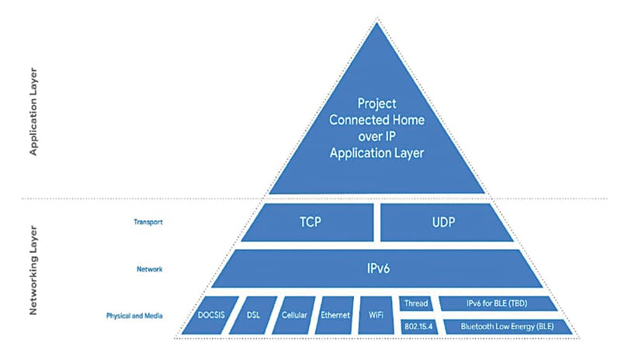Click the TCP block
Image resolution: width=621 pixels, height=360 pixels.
point(308,222)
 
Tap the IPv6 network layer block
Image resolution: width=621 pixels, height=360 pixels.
point(376,269)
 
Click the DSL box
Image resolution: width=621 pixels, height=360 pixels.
point(253,316)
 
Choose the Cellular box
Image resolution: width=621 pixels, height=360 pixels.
point(295,316)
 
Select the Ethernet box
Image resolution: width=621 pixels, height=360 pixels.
point(336,316)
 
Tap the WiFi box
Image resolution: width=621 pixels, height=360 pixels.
point(376,316)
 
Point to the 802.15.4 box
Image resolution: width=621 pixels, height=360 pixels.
point(417,327)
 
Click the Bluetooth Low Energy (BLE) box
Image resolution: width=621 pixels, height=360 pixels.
point(507,327)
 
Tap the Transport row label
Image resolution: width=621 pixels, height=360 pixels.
point(149,222)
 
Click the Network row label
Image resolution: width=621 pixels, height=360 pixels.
point(149,269)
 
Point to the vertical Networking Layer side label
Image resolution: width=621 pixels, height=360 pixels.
point(33,269)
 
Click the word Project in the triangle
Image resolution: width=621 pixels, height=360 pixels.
point(377,102)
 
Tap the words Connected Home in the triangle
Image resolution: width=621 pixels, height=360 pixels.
point(377,119)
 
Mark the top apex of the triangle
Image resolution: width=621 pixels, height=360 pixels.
point(377,22)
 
